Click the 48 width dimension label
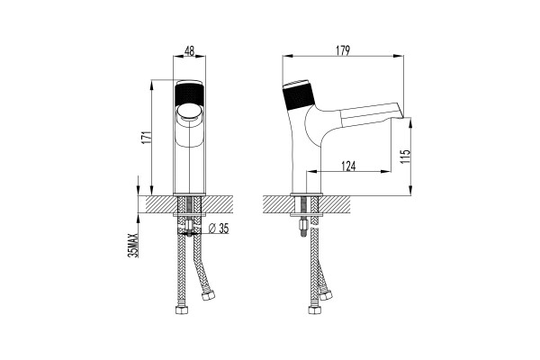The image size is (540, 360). (x=189, y=50)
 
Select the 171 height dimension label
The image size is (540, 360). (x=147, y=137)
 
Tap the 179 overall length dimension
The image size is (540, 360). (x=343, y=50)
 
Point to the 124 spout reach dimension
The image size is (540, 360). (x=348, y=166)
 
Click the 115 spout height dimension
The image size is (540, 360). (x=407, y=156)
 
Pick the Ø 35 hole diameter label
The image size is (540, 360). (x=219, y=228)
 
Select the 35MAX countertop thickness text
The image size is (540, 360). (x=132, y=246)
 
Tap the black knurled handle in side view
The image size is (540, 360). (x=299, y=96)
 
